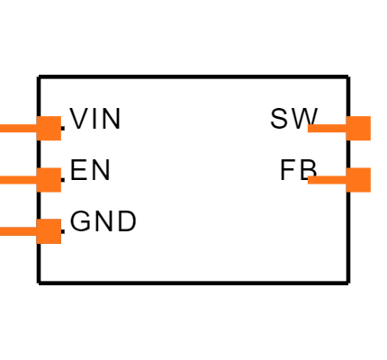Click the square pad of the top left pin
coord(49,129)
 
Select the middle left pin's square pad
coord(49,180)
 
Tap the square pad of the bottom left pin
coord(49,231)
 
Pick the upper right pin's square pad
coord(358,129)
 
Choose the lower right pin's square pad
coord(358,180)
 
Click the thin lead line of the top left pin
coord(18,129)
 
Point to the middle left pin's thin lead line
coord(18,180)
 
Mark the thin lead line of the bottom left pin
coord(18,231)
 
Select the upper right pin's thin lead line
coord(327,129)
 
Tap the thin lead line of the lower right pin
coord(327,180)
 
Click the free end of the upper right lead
coord(309,129)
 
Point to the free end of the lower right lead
coord(309,180)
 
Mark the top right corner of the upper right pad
coord(370,117)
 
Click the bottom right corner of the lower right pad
coord(370,192)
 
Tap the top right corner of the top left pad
coord(60,117)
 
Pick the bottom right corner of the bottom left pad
coord(60,243)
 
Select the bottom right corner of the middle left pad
coord(60,192)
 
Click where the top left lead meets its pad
coord(37,129)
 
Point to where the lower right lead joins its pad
coord(346,180)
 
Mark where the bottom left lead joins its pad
coord(37,231)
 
